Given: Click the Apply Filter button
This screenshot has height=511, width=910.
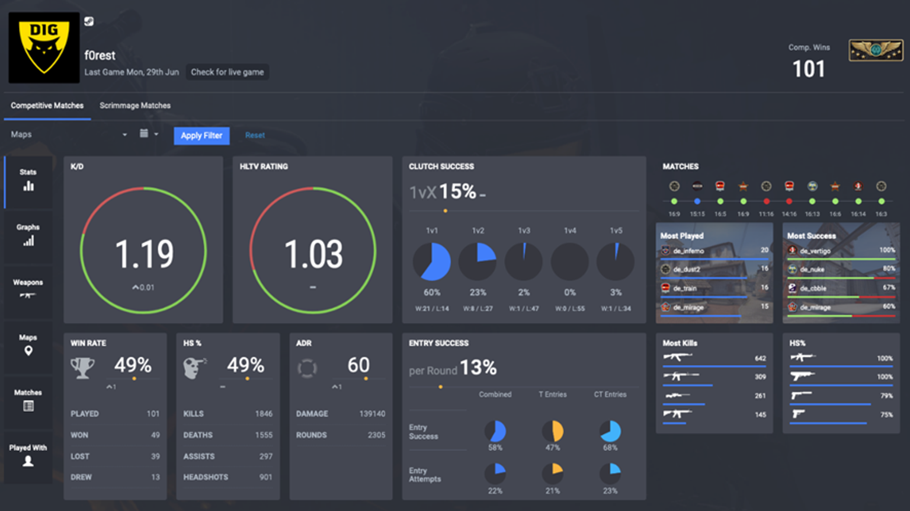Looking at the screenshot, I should coord(201,136).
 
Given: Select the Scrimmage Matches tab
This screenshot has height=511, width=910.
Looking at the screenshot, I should coord(135,106).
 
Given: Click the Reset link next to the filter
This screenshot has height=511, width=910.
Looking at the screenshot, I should coord(255,136).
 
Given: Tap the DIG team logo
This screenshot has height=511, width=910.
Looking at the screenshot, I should coord(44,47).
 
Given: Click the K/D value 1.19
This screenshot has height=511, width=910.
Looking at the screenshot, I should coord(144,254).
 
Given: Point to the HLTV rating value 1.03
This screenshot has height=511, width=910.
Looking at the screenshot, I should coord(313,254).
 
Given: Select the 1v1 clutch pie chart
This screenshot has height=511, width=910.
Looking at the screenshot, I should coord(432,261).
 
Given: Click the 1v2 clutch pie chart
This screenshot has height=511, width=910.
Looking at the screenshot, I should coord(478,261).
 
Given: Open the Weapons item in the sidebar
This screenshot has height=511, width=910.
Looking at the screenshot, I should coord(28,288).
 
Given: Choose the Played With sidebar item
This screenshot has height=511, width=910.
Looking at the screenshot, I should coord(28,455).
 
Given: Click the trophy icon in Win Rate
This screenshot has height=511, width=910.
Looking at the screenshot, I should coord(82,368).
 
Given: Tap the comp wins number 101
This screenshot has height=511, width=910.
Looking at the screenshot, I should coord(809,69).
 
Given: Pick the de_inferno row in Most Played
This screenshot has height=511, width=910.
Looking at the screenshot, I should coord(714,251).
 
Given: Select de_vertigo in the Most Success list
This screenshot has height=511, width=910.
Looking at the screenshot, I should coord(840,251).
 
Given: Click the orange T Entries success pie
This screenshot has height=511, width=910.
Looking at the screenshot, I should coord(553,431).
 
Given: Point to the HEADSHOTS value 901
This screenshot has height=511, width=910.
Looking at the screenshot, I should coord(265,477).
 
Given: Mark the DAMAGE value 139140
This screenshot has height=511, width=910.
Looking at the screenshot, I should coord(372,414).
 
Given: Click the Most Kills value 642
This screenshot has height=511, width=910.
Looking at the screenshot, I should coord(760,358).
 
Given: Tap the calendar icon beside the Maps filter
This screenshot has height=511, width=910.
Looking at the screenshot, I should coord(144,134).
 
